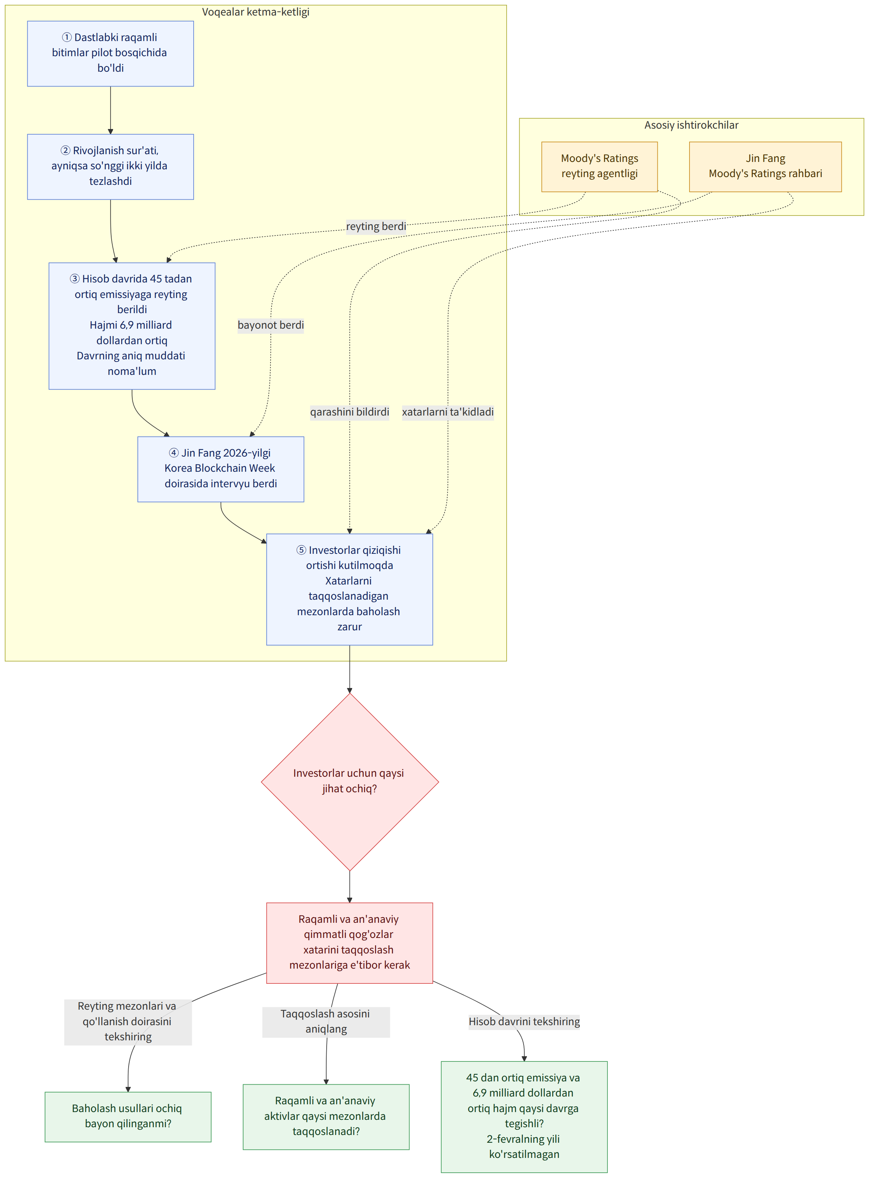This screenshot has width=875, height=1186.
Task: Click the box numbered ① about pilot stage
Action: [110, 54]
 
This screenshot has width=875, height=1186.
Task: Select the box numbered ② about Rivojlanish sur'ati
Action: [110, 166]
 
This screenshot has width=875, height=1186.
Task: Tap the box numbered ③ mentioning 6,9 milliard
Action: [132, 326]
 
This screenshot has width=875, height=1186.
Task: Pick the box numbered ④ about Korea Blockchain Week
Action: [220, 469]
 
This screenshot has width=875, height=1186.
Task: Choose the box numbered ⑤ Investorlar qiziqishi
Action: [350, 589]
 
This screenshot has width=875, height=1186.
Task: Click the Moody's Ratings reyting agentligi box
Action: [600, 166]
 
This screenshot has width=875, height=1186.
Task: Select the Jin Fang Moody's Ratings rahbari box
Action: [765, 166]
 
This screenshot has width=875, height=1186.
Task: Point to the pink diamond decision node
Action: [350, 782]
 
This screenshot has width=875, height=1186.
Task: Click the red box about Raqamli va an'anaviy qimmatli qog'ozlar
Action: [350, 943]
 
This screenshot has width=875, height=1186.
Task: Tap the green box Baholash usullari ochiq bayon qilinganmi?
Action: [127, 1116]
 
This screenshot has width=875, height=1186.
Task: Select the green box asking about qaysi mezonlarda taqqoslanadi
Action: [326, 1116]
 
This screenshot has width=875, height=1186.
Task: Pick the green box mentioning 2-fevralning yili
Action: [524, 1116]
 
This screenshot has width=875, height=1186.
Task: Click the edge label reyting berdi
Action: [376, 226]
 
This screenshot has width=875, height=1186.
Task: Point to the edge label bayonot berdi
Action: [270, 325]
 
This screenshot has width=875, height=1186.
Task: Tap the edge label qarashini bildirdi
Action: [350, 412]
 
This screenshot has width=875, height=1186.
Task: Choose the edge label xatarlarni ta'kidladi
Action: [447, 412]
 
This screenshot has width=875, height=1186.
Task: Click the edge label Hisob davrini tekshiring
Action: [524, 1021]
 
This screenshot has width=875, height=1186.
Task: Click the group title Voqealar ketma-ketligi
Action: [256, 12]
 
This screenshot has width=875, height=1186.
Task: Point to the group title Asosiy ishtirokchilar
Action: [691, 125]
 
